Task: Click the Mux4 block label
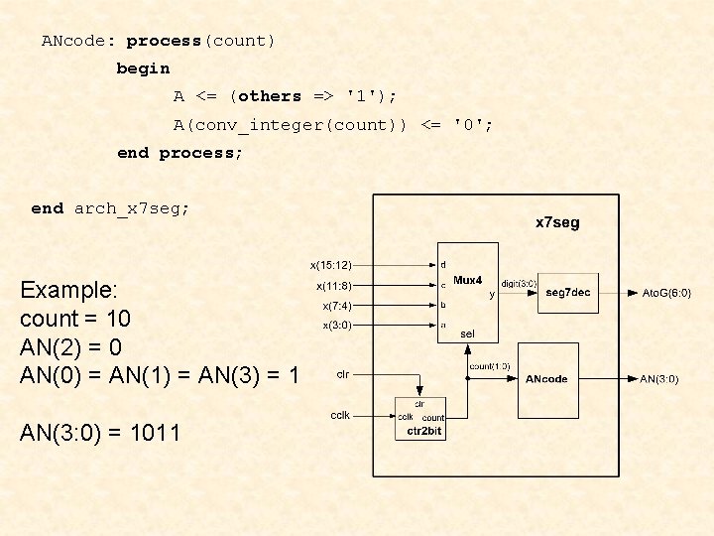tap(467, 281)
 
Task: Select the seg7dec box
tap(568, 292)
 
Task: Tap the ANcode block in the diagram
tap(546, 379)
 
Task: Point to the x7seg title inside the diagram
tap(557, 222)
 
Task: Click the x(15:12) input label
tap(330, 265)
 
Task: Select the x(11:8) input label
tap(333, 286)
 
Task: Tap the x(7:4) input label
tap(336, 306)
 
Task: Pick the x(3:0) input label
tap(336, 325)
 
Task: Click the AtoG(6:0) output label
tap(666, 293)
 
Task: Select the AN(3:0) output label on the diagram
tap(659, 379)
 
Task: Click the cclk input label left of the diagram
tap(339, 415)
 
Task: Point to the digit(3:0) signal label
tap(519, 283)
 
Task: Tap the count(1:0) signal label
tap(490, 366)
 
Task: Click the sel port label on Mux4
tap(467, 335)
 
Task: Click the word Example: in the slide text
tap(68, 291)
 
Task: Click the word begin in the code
tap(143, 68)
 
